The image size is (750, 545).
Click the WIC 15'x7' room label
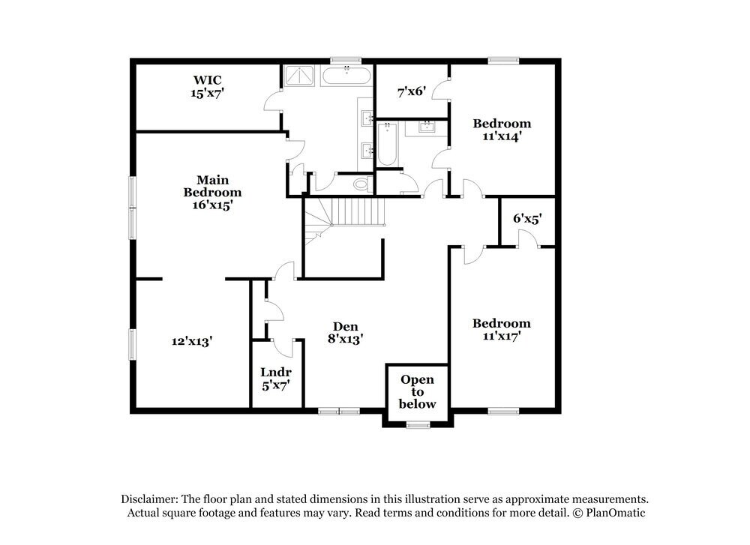click(208, 86)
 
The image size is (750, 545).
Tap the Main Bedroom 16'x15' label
click(213, 192)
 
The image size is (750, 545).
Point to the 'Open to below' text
click(417, 391)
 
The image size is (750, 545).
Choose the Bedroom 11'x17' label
click(501, 330)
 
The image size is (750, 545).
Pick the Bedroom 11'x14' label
click(502, 130)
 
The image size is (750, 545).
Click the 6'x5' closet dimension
click(527, 219)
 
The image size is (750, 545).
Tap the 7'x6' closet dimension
click(412, 91)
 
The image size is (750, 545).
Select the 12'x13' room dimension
click(192, 341)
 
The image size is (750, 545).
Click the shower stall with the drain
click(300, 77)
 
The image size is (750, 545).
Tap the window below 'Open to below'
click(417, 425)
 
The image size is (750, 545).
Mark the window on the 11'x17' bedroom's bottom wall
click(503, 411)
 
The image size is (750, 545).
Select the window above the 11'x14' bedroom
click(499, 61)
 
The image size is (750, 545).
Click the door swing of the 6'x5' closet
click(527, 238)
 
